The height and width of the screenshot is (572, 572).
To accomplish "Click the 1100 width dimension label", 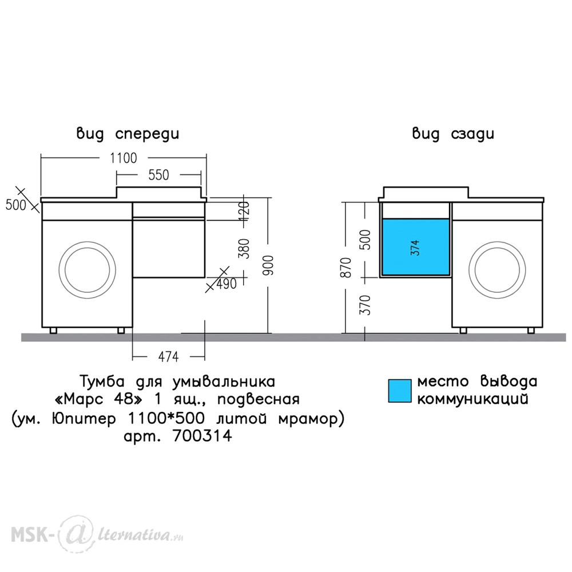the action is tap(124, 158).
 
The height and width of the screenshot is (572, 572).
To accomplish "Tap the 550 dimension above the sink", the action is tap(158, 175).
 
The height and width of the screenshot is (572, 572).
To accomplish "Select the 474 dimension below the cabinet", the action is tap(168, 356).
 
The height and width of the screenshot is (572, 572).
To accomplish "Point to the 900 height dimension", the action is tap(268, 265).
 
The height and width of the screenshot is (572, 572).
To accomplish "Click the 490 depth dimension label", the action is tap(227, 284).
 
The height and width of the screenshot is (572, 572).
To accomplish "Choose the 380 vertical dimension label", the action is tap(244, 248).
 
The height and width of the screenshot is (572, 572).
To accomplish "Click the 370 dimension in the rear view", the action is tap(366, 305).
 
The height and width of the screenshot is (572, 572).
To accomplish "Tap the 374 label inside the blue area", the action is tap(415, 248).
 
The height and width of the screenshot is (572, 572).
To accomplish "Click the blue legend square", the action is tap(399, 391).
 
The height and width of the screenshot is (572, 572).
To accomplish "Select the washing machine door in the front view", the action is tap(88, 270).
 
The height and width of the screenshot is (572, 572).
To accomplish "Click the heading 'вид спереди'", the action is tap(128, 134).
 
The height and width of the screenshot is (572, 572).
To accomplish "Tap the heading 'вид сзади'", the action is tap(453, 134).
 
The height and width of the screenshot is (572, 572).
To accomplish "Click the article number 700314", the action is tap(202, 435).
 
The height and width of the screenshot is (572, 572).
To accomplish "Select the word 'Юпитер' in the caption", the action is tap(84, 419).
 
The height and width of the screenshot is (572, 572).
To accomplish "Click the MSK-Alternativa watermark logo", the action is tap(97, 535).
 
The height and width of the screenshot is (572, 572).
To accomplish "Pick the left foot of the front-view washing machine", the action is tap(54, 331).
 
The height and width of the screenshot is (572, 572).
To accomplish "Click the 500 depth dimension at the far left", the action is tap(15, 205).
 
